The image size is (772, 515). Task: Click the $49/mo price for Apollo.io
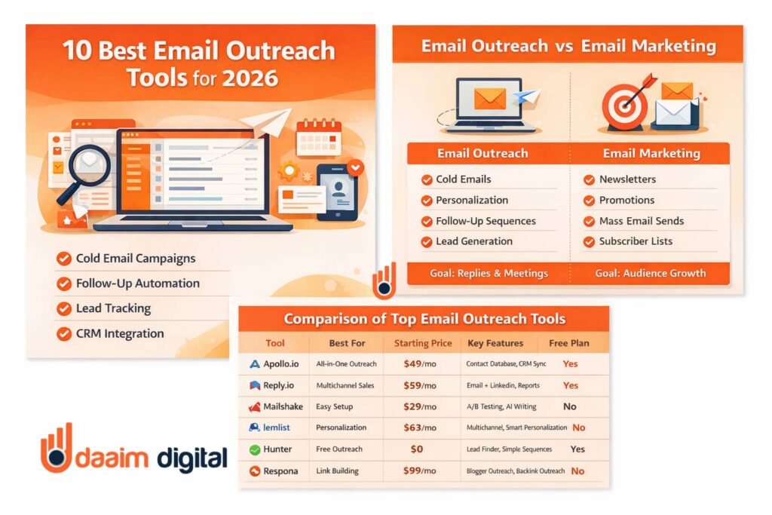pos(419,364)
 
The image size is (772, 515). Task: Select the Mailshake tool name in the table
pos(283,406)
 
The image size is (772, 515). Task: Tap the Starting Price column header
pos(423,343)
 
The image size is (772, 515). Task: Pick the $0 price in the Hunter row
pos(416,449)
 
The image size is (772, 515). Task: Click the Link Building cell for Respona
pos(337,471)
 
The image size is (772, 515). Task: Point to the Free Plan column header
pos(568,343)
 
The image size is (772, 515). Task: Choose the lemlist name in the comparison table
pos(276,428)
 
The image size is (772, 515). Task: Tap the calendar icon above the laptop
pos(319,137)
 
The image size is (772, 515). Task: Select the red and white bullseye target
pos(625,104)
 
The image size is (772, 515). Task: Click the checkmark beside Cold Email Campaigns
pos(63,259)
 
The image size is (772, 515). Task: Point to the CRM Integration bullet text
pos(120,333)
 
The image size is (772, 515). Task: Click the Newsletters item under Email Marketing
pos(627,179)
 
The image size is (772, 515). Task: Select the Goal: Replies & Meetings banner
pos(489,273)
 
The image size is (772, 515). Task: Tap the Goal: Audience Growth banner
pos(650,273)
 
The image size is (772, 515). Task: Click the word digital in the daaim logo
pos(192,458)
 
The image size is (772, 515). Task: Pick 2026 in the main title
pos(250,78)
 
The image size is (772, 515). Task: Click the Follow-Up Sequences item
pos(486,221)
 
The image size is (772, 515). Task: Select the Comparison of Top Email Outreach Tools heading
pos(424,319)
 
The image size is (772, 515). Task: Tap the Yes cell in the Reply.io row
pos(570,385)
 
